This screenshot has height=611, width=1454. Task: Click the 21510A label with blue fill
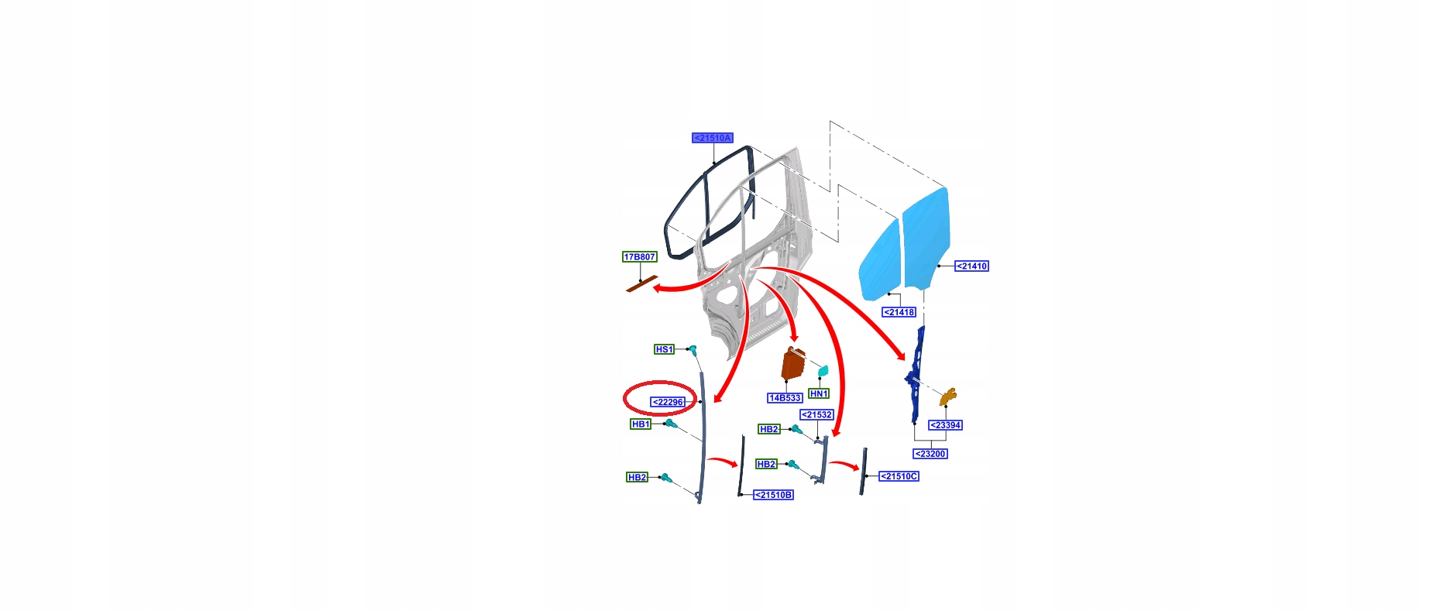[x=712, y=138]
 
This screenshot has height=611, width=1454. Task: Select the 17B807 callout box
[x=639, y=257]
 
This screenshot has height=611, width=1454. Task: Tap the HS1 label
[x=664, y=349]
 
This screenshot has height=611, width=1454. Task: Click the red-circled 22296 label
[x=668, y=402]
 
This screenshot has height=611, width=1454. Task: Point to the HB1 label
[x=641, y=424]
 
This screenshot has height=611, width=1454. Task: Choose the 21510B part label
[x=773, y=495]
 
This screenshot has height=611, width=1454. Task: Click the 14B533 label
[x=785, y=398]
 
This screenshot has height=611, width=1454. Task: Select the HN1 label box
[x=819, y=393]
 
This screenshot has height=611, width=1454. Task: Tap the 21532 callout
[x=816, y=415]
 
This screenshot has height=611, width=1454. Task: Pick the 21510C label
[x=899, y=476]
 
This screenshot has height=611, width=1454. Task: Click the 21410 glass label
[x=971, y=266]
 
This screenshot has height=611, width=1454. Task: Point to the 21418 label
[x=899, y=312]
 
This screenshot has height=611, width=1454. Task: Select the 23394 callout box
[x=945, y=425]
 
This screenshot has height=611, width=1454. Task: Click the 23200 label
[x=930, y=454]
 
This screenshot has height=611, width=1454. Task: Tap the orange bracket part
[x=949, y=396]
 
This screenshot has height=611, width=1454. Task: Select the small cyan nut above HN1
[x=823, y=371]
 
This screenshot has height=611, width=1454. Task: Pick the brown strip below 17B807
[x=641, y=285]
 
